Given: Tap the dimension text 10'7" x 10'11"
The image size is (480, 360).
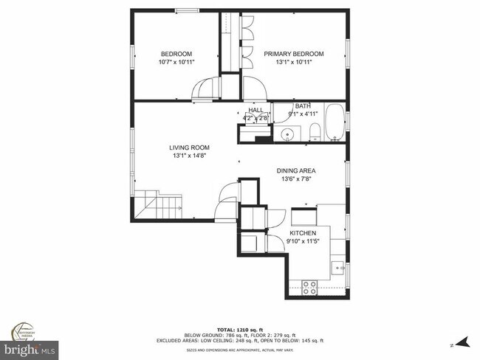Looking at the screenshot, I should [176, 62].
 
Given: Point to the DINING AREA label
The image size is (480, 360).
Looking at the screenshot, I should [296, 170].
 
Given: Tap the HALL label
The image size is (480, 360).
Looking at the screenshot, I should [256, 109].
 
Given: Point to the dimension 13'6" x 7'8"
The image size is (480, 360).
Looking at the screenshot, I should [296, 179].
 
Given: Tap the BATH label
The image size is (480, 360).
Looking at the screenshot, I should [303, 105].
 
